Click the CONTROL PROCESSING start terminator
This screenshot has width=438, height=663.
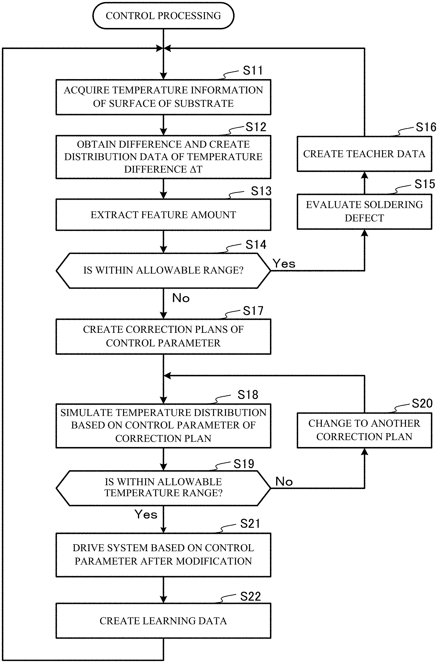(x=163, y=16)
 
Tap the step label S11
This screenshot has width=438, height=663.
(x=253, y=70)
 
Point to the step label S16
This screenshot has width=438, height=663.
(x=426, y=127)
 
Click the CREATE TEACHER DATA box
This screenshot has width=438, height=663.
(x=364, y=154)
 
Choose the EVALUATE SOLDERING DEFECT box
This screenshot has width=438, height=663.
(x=364, y=212)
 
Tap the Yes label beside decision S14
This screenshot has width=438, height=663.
(x=284, y=264)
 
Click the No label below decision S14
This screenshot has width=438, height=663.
(x=181, y=298)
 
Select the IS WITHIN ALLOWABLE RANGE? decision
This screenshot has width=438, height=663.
(x=163, y=270)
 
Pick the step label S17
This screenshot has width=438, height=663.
(x=253, y=311)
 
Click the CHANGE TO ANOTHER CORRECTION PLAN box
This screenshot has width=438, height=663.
(x=364, y=430)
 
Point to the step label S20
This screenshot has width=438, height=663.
(x=422, y=403)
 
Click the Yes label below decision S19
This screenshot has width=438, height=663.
(x=146, y=514)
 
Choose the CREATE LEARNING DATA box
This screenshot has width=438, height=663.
(x=163, y=620)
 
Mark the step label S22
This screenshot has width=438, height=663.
(x=251, y=597)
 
